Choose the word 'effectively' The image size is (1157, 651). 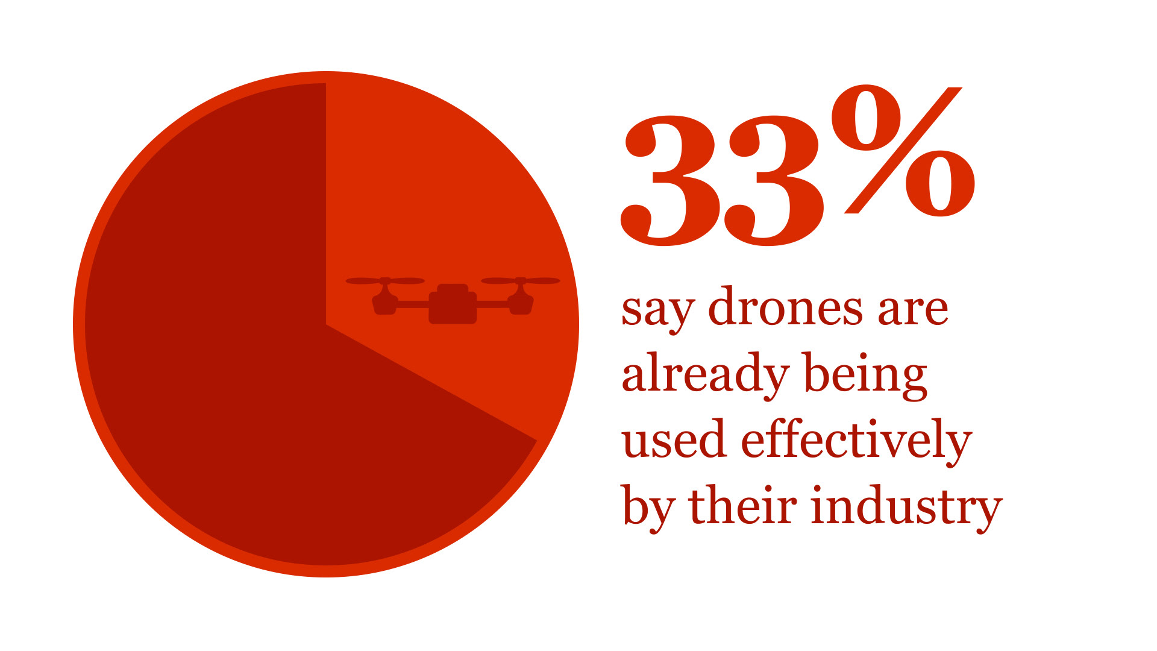(856, 440)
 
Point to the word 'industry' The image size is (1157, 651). (906, 506)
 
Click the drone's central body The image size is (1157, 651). (453, 304)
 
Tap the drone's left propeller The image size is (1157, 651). (385, 281)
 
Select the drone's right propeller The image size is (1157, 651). (521, 281)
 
